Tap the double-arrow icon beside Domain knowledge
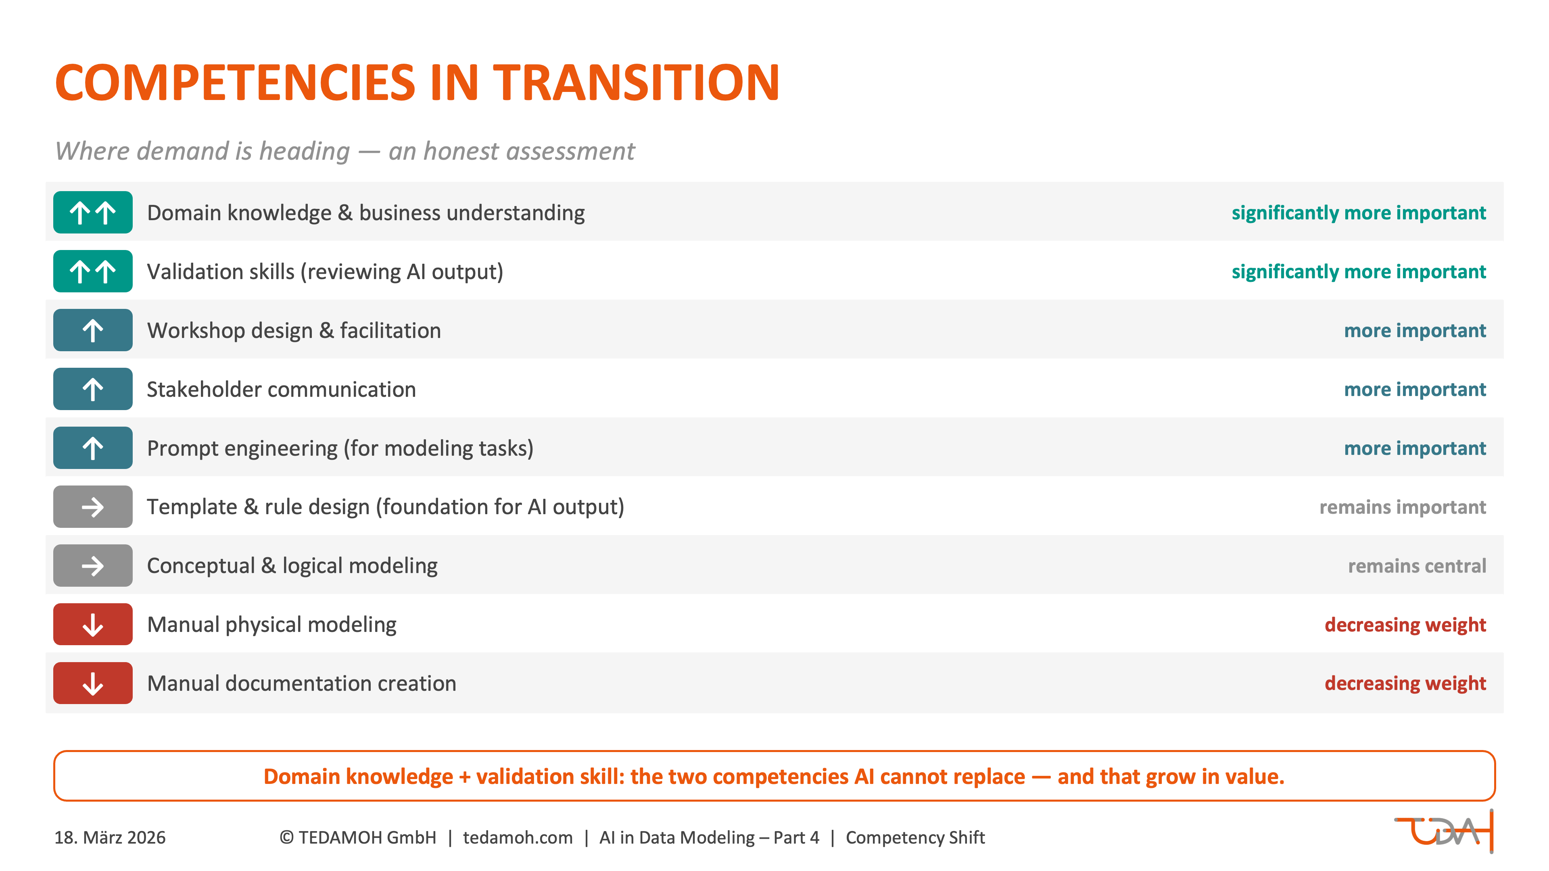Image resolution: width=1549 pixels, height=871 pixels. coord(93,212)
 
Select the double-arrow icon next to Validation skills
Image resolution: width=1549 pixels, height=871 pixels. coord(93,271)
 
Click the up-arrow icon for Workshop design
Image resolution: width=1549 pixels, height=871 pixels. coord(93,330)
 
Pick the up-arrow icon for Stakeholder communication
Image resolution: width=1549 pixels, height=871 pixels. coord(93,389)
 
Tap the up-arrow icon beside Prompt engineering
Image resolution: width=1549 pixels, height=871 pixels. coord(93,448)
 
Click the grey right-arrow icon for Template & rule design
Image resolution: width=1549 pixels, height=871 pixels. coord(93,507)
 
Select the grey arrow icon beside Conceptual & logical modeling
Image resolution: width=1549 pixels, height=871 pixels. coord(93,566)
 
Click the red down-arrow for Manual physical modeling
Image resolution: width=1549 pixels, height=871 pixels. coord(93,625)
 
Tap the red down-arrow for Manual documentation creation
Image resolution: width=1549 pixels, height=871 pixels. coord(93,683)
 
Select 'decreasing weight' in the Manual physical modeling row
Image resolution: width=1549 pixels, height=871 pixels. coord(1405,625)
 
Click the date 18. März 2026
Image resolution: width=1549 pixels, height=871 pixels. coord(110,838)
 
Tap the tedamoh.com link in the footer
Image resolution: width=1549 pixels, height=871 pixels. coord(518,838)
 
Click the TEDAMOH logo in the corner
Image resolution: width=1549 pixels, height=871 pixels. coord(1443,832)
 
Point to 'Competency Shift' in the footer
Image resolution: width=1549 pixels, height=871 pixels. coord(915,838)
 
